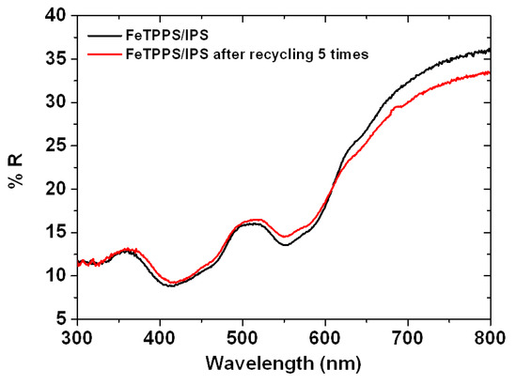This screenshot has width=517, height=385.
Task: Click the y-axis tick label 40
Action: [55, 15]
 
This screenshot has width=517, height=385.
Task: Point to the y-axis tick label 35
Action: [55, 58]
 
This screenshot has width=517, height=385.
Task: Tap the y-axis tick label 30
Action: [55, 101]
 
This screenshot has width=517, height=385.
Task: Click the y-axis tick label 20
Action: [55, 188]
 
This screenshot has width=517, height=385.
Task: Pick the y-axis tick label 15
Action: [55, 232]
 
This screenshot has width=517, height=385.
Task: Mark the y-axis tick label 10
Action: [55, 275]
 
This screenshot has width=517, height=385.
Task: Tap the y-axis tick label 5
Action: [59, 318]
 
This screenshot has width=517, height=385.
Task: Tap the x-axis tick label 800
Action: [490, 335]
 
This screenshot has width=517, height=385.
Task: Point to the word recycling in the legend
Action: [271, 54]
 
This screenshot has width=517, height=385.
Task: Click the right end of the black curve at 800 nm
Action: [490, 50]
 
